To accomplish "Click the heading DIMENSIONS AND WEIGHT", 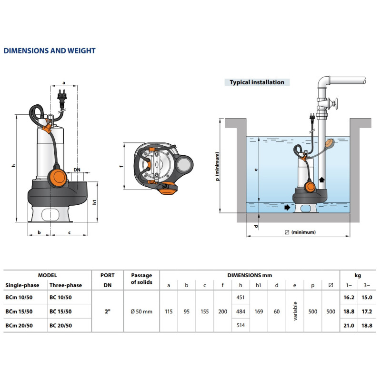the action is coord(50,51).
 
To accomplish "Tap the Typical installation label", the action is coord(257,82).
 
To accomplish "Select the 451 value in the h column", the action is coord(241,297).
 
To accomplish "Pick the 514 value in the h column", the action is coord(241,325).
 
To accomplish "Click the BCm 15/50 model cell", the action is coord(19,311).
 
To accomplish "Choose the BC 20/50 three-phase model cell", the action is coord(60,326).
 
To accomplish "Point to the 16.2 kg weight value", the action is coord(349,297).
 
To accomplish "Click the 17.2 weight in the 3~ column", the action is coord(367,311).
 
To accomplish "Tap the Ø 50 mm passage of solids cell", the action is coord(141,311).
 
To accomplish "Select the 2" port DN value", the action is coord(108,311).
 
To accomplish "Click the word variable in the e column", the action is coord(295,311).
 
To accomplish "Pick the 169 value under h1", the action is coord(259,311).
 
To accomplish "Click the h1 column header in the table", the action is coord(258,285).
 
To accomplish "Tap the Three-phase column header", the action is coord(66,285).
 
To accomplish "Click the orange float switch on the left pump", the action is coord(58,177).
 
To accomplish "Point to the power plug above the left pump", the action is coord(62,97).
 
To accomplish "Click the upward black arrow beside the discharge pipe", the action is coord(322,180).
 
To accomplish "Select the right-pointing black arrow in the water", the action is coord(287,208).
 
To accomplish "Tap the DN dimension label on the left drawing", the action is coord(77,170).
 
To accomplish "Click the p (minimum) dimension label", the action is coord(217,166).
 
